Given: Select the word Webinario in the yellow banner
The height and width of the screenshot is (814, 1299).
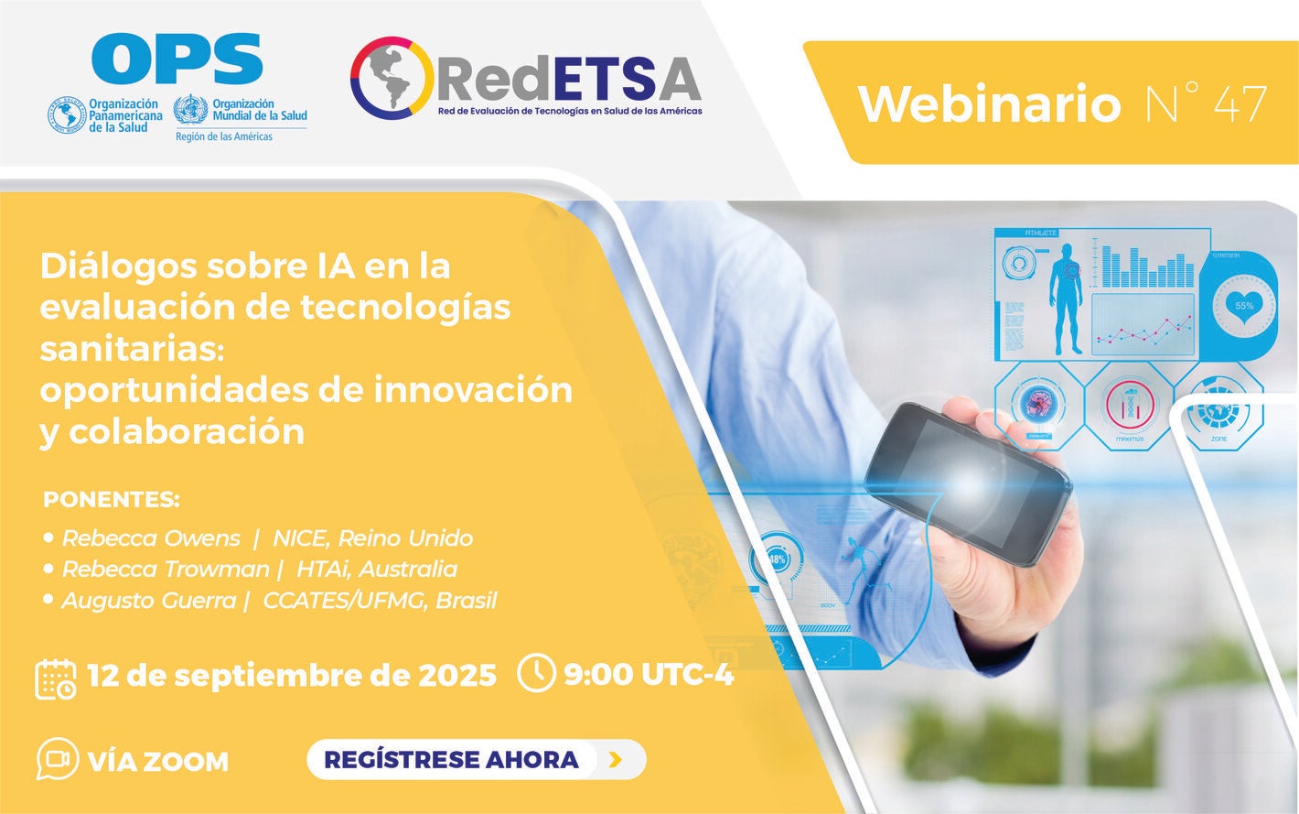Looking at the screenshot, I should (x=989, y=103).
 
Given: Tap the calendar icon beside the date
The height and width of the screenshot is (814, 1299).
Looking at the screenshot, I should (x=56, y=678).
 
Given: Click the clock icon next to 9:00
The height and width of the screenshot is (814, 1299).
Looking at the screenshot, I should (x=536, y=672).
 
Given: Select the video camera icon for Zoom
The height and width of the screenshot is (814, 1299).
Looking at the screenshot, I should (x=57, y=759).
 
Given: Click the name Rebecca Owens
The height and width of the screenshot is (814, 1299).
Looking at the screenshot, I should (x=151, y=538).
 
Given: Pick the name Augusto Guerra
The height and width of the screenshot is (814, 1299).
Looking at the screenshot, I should (x=149, y=601).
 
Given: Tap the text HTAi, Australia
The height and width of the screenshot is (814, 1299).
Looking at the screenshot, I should (x=377, y=570).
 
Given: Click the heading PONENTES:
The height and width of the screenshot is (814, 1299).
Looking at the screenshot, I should (x=112, y=500).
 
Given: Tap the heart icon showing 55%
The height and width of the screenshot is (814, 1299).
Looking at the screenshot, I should (x=1244, y=305).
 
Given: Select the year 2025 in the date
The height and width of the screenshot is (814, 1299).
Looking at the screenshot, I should (x=457, y=675).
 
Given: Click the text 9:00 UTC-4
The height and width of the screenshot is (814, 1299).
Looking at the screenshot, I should (x=649, y=674).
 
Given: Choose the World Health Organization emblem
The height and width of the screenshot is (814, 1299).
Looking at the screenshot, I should (x=190, y=111).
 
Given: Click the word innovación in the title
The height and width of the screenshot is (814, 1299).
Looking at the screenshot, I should (x=473, y=390).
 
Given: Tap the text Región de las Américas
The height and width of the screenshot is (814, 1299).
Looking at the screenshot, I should (x=224, y=136).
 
